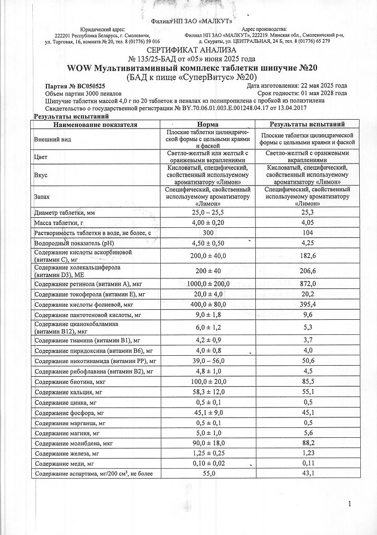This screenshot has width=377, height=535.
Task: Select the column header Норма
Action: coord(208,125)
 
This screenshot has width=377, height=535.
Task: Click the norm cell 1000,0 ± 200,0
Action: coord(208,284)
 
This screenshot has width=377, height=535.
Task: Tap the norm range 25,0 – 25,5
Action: coord(208,212)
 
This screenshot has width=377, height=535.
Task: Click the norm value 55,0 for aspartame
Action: coord(208,473)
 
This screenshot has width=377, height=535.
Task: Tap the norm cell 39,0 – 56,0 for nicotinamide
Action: coord(208,361)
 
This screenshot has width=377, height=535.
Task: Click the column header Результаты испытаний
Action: coord(307,125)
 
